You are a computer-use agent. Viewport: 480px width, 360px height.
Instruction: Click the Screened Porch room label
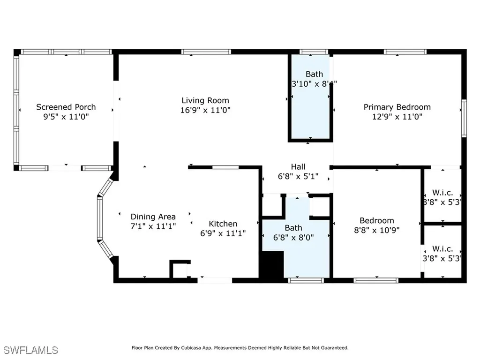[66, 107]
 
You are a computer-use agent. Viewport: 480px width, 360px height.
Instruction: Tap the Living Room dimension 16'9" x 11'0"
[205, 110]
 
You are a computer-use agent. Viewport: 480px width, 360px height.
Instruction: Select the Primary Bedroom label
[397, 107]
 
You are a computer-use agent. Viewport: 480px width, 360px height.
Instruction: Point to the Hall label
[298, 167]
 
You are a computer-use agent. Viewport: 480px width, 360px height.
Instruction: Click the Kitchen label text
[223, 224]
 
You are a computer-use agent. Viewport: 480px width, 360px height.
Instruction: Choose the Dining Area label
[153, 217]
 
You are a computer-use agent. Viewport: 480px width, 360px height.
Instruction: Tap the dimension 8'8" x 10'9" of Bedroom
[376, 230]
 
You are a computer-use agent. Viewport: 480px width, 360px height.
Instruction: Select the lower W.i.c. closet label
[442, 248]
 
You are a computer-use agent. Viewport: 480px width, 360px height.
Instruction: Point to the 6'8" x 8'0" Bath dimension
[293, 237]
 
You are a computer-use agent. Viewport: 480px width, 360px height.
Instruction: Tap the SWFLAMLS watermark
[30, 350]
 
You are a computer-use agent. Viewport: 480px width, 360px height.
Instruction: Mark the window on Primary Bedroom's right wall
[464, 119]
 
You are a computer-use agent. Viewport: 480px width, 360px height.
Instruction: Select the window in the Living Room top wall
[206, 52]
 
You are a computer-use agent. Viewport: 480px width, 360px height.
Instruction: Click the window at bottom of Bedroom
[376, 280]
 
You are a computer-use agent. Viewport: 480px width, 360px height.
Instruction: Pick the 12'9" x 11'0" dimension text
[397, 117]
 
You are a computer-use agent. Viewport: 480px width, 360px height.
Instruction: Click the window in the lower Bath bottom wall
[306, 280]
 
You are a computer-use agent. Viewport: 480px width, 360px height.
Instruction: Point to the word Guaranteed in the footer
[333, 348]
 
